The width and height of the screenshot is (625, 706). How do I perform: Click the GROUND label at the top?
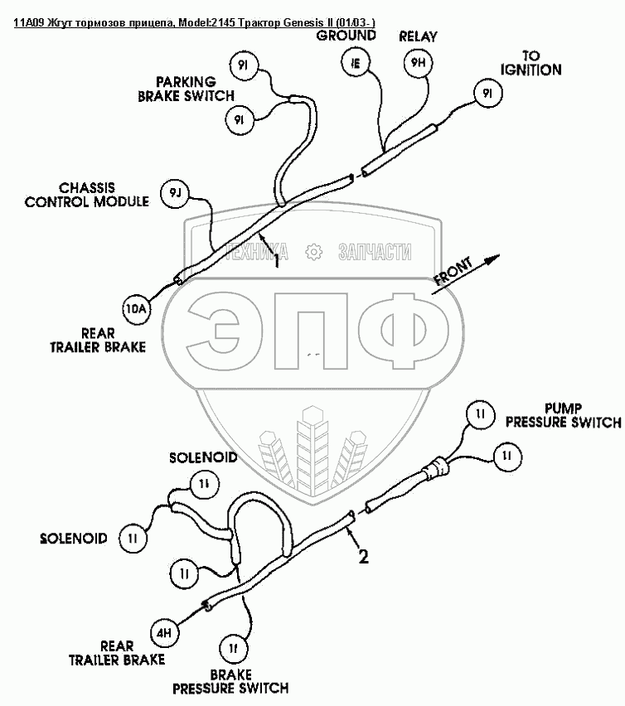(346, 36)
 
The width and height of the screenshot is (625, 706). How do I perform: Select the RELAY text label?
(418, 36)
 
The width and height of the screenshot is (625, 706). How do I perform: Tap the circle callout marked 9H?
(418, 62)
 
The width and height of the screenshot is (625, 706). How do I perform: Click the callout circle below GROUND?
(355, 62)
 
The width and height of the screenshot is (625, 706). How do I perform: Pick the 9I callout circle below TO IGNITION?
(487, 94)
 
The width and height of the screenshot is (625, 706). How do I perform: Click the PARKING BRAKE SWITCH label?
(186, 88)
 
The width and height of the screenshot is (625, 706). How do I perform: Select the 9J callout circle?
(175, 192)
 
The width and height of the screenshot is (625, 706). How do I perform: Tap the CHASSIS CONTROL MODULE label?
(87, 194)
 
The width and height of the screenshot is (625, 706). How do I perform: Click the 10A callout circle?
(135, 309)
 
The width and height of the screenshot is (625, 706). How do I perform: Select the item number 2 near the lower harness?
(363, 557)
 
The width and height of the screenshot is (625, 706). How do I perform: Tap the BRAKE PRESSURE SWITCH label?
(230, 681)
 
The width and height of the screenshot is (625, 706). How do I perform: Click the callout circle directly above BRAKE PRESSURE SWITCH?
(234, 646)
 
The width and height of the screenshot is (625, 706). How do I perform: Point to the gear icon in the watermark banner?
(313, 252)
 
